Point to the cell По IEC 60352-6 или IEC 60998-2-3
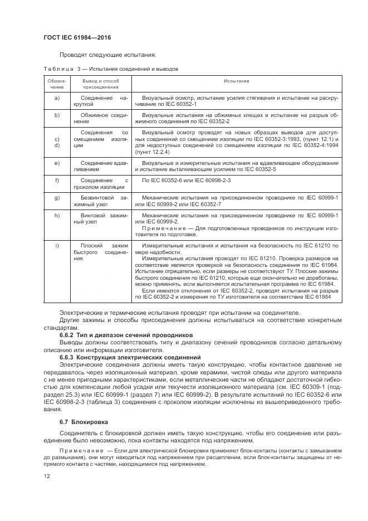pos(187,181)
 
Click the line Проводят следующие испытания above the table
pos(107,55)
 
